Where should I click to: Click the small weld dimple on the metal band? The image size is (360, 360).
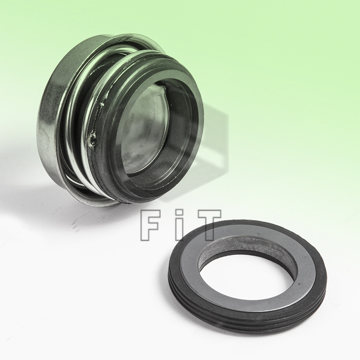[x=93, y=141]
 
